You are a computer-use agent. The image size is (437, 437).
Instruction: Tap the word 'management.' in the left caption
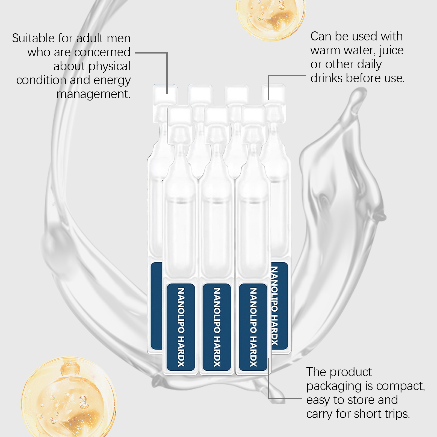pyautogui.click(x=93, y=94)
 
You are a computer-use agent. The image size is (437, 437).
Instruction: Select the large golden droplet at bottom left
pyautogui.click(x=69, y=397)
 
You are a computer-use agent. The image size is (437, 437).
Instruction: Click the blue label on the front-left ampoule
pyautogui.click(x=181, y=327)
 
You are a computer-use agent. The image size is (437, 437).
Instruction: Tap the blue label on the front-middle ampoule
pyautogui.click(x=217, y=327)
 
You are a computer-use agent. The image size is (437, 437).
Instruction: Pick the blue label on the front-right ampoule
pyautogui.click(x=253, y=327)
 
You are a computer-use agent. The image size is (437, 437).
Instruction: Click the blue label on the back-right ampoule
pyautogui.click(x=279, y=306)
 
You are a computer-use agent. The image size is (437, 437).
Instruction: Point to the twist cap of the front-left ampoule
pyautogui.click(x=180, y=126)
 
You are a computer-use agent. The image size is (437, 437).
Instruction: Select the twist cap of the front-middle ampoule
pyautogui.click(x=217, y=126)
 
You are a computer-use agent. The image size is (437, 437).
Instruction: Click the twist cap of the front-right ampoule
pyautogui.click(x=253, y=126)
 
